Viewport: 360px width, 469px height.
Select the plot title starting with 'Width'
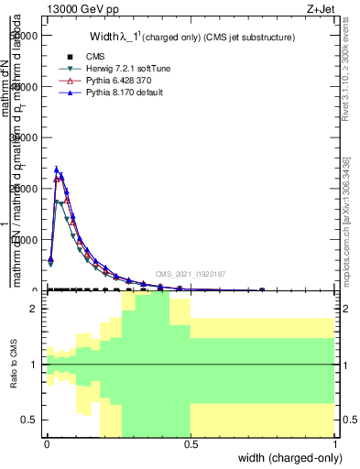point(191,38)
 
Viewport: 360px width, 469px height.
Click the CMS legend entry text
point(82,57)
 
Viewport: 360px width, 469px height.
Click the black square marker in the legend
point(57,57)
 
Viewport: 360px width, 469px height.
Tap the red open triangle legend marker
point(57,81)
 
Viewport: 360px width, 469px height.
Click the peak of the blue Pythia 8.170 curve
point(56,169)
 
